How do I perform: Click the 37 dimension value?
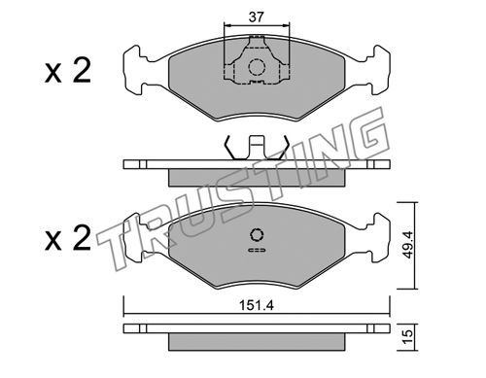[257, 17]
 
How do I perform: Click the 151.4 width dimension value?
[257, 305]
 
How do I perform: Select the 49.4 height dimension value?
[408, 245]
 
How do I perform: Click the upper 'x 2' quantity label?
[68, 71]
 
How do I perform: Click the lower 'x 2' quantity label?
[68, 239]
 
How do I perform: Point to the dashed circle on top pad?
[257, 67]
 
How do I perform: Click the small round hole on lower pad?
[257, 235]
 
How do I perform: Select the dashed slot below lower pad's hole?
[257, 250]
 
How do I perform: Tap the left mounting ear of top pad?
[133, 70]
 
